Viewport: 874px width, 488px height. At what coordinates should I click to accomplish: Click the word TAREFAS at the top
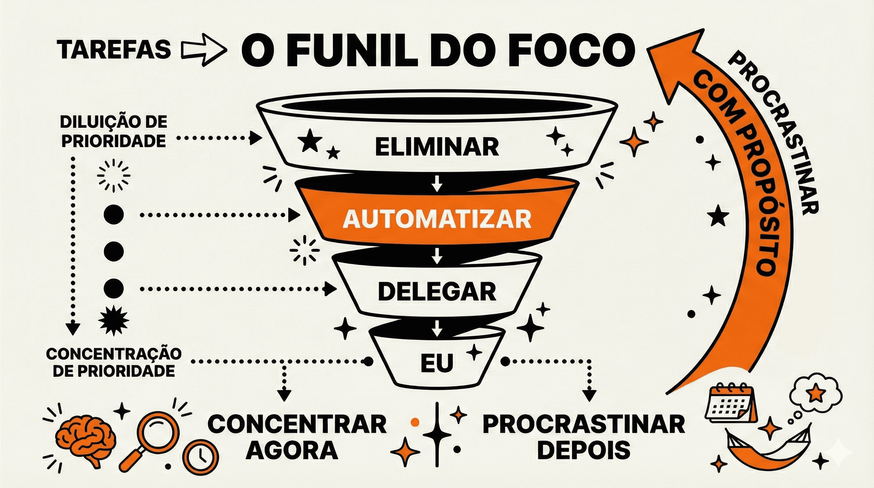114,49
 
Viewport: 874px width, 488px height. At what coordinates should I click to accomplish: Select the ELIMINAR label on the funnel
437,146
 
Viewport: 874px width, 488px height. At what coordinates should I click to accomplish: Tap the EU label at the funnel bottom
437,363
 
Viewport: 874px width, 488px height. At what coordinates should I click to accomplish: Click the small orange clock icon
200,457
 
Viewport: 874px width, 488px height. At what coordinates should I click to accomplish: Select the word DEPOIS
584,450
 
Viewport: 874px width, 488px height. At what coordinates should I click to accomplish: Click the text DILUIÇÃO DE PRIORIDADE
114,131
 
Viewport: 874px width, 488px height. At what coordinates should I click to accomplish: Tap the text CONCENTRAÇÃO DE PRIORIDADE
114,363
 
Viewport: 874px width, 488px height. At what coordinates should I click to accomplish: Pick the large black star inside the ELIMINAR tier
309,140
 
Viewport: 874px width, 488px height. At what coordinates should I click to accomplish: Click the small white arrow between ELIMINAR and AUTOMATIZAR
437,184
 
